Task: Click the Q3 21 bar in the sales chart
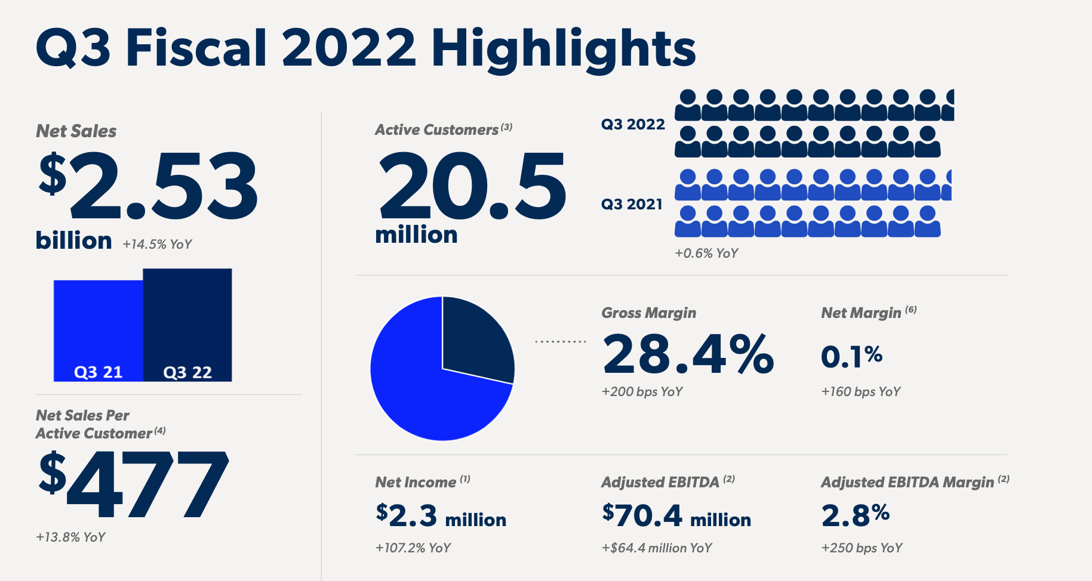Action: pos(99,330)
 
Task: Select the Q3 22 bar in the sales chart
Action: pos(187,325)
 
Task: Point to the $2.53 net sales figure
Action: pos(149,186)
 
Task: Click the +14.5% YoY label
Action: pos(157,245)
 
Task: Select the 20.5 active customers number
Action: pos(472,186)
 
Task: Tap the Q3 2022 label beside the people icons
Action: pos(633,125)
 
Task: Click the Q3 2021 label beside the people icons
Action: pos(632,205)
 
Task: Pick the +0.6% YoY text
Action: pos(706,254)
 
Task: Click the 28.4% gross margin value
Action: pos(688,354)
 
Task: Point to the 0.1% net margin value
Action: pos(851,357)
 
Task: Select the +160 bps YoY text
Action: pos(860,392)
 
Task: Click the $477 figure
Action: pos(134,484)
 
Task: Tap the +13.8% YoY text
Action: pos(70,537)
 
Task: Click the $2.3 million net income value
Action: pos(441,516)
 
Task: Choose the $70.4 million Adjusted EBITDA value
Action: pos(676,516)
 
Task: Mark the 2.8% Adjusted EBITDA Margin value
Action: pos(855,515)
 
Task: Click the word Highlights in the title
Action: pos(563,49)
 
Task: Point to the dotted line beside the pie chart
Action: pos(560,342)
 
